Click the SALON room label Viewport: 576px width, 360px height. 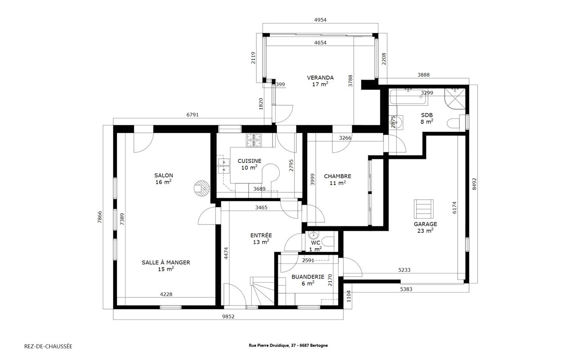(164, 175)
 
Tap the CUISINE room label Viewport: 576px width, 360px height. (250, 161)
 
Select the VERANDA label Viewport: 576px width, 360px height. (320, 78)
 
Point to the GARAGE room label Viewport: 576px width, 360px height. (425, 224)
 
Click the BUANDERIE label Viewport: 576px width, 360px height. (308, 277)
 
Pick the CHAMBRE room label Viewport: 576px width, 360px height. (337, 176)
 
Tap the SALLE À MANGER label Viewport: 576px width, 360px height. (166, 262)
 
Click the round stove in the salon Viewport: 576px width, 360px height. (201, 189)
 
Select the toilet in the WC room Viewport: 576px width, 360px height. (328, 241)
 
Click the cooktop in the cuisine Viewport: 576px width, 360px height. (254, 140)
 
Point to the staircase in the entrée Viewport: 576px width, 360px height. (262, 291)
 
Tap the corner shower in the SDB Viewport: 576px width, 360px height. (455, 99)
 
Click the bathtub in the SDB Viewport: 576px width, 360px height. (408, 97)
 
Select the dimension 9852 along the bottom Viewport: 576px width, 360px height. (228, 317)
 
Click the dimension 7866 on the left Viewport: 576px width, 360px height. (100, 217)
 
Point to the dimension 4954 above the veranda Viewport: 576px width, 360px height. (321, 20)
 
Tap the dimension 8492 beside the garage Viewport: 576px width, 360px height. (474, 184)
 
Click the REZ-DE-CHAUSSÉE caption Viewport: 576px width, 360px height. (48, 346)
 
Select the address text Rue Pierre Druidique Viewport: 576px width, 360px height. (269, 346)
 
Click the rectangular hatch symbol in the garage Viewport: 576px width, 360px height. (424, 209)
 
